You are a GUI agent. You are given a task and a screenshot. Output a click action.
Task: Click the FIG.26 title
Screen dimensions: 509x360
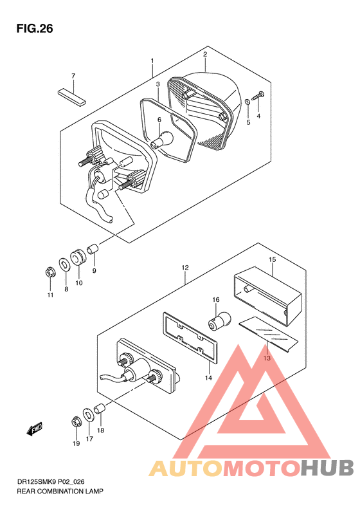point(35,28)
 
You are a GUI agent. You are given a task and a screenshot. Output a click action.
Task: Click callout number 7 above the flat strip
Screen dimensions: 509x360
point(73,76)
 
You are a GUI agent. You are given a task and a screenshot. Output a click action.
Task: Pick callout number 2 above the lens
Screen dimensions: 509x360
point(204,55)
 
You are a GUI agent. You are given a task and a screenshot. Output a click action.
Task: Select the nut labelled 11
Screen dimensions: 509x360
point(50,272)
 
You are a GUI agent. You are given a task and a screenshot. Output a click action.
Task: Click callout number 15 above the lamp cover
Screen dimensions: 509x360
point(272,259)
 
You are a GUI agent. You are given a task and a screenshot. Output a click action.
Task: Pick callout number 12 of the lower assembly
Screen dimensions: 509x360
point(184,266)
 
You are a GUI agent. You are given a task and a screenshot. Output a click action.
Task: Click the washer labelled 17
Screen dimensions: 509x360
point(88,412)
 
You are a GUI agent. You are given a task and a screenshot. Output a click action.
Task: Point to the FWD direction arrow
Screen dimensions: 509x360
point(34,429)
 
